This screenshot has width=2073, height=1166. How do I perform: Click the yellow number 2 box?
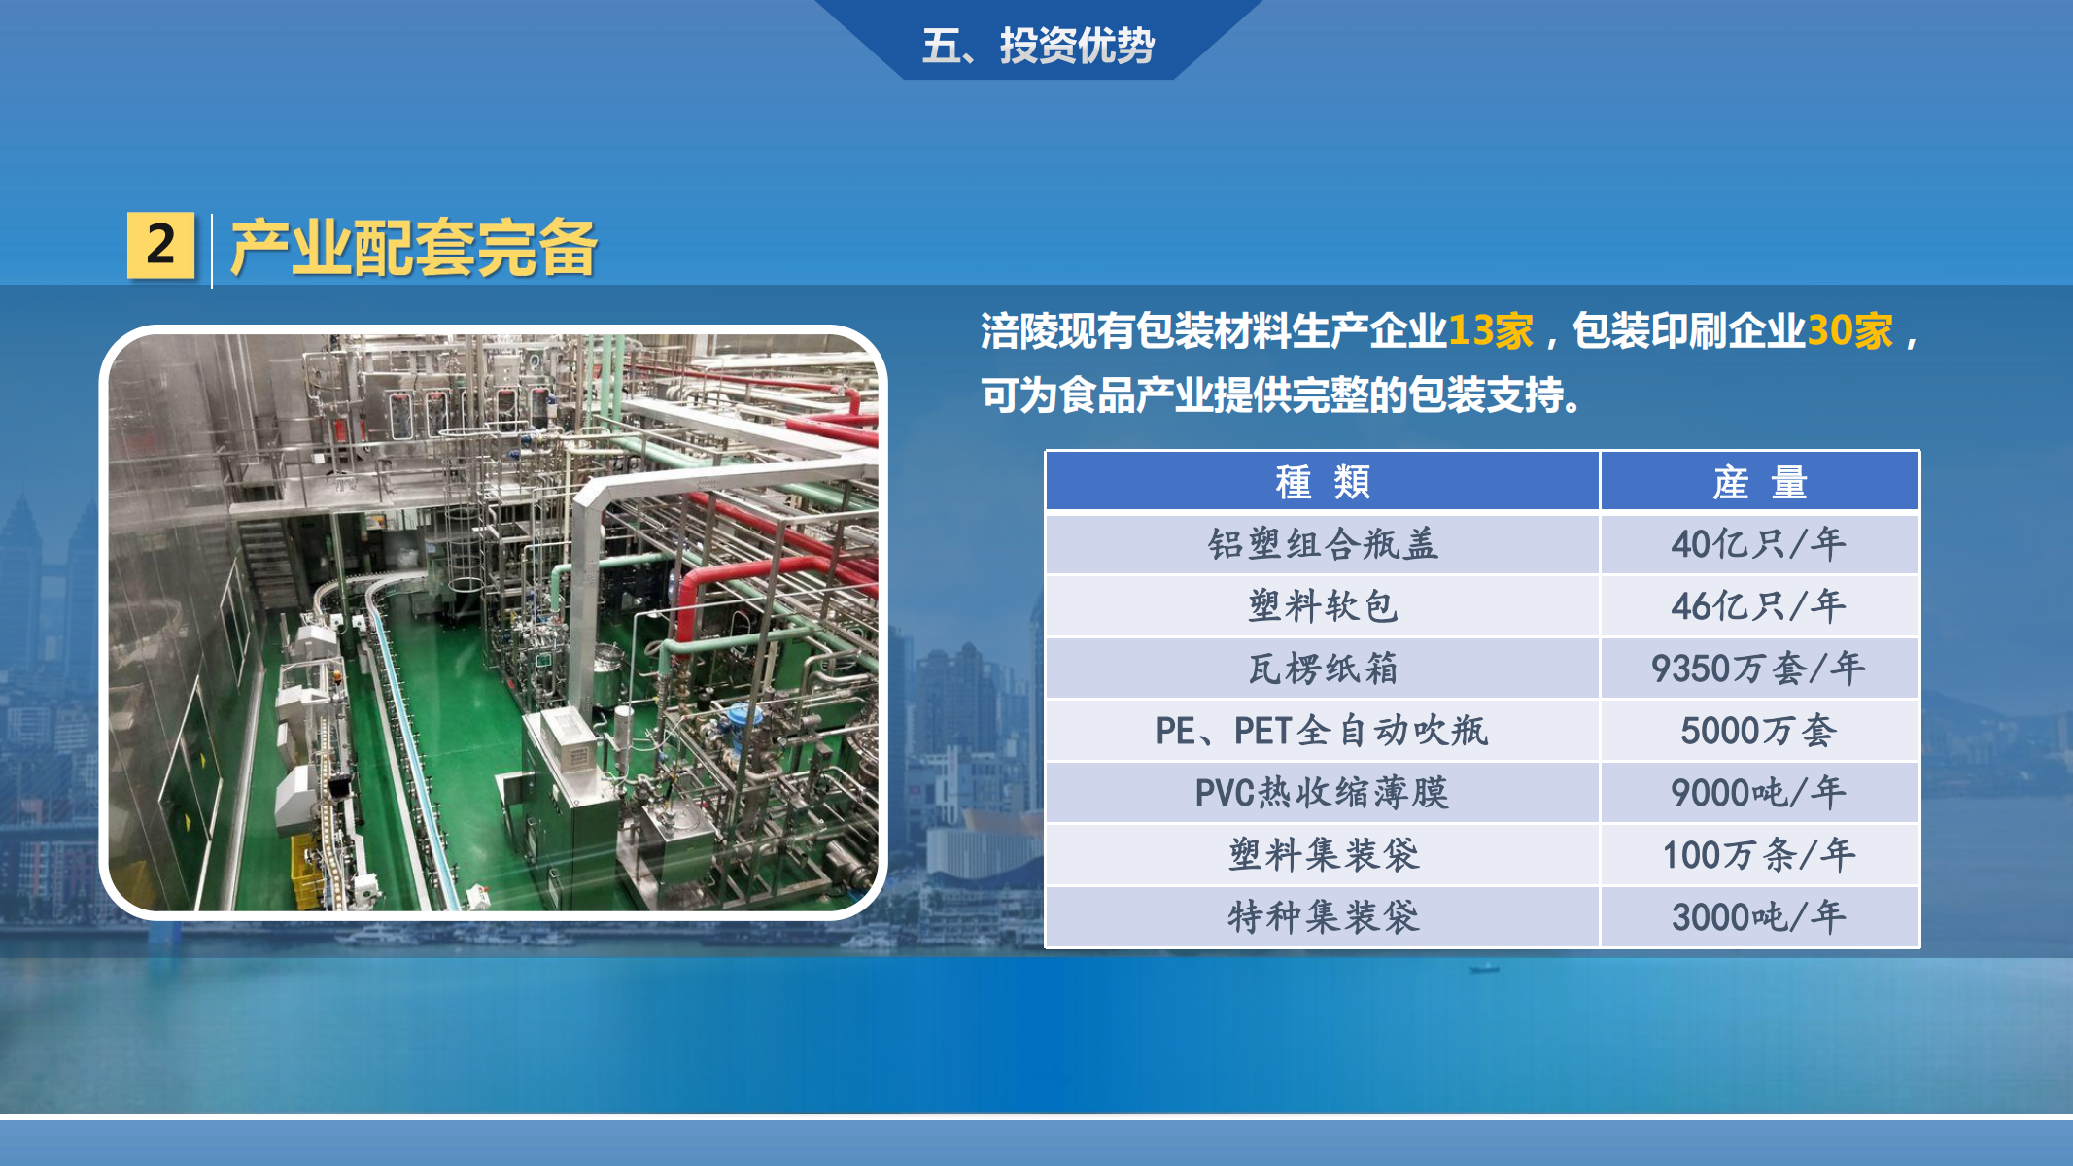click(161, 246)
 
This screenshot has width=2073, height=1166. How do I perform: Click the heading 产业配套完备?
click(414, 248)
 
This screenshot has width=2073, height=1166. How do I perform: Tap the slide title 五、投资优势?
click(1038, 46)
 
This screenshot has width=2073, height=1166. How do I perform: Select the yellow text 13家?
click(1491, 330)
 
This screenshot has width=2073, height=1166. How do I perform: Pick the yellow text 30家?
click(1849, 330)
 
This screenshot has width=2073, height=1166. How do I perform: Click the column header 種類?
click(1323, 481)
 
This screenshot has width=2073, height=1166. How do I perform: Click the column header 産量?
click(1760, 481)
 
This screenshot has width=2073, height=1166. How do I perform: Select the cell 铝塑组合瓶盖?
click(1323, 544)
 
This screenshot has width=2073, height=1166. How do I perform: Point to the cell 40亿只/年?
click(1760, 544)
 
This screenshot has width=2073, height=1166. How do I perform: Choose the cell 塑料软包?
click(1323, 606)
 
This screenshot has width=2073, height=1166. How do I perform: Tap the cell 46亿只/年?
click(1760, 606)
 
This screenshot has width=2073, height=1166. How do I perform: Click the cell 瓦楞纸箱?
click(1323, 669)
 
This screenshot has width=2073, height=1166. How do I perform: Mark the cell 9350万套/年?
click(1760, 669)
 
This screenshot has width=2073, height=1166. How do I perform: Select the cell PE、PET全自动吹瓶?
click(1323, 731)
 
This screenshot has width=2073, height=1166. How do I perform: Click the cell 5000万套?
click(1760, 731)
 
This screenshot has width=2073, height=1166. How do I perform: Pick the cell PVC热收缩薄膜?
click(1323, 793)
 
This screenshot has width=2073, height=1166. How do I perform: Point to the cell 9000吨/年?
click(1760, 793)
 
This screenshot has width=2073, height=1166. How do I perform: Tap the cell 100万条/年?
click(1760, 855)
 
